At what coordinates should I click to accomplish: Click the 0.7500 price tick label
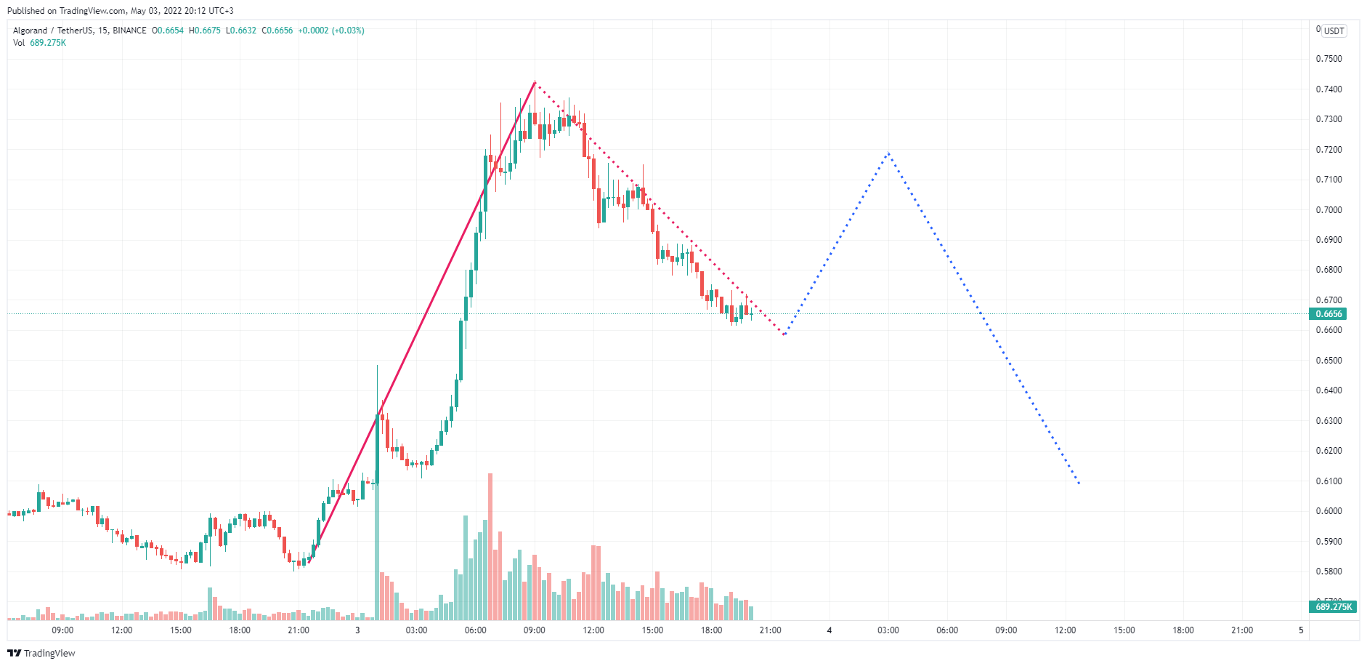(1329, 59)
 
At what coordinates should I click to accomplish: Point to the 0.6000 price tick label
(1329, 511)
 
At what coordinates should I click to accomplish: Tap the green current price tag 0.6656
(1329, 314)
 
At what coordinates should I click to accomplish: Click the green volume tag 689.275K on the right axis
(1334, 606)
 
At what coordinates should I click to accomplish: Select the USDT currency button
(1334, 31)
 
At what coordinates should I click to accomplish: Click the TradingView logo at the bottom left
(41, 653)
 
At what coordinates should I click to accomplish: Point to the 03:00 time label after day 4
(888, 630)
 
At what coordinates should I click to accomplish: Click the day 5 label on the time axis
(1301, 630)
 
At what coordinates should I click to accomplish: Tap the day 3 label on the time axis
(357, 630)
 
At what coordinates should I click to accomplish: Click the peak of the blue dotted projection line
(888, 153)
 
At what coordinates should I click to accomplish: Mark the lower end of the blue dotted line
(1079, 484)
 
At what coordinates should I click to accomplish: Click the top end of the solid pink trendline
(535, 82)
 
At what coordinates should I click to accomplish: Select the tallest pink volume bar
(490, 545)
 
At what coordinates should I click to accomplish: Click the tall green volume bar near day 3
(377, 553)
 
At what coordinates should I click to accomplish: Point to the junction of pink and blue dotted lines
(784, 334)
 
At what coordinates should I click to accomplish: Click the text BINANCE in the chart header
(129, 31)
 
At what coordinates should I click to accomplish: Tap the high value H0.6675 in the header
(205, 31)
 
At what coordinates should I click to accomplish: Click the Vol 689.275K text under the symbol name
(40, 43)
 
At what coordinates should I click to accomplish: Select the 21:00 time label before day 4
(770, 630)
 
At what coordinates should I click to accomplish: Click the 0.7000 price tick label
(1329, 210)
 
